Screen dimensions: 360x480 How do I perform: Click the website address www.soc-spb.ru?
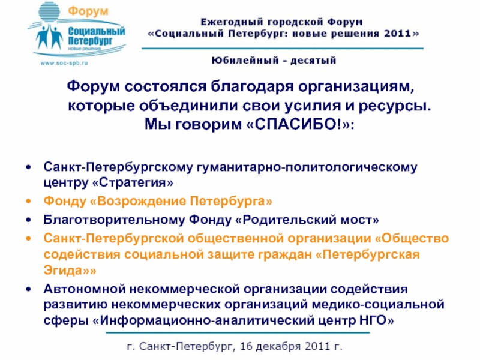pyautogui.click(x=64, y=62)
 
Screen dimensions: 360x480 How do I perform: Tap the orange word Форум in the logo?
pyautogui.click(x=85, y=12)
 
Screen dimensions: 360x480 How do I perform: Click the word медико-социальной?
pyautogui.click(x=383, y=304)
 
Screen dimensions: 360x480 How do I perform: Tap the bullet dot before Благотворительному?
pyautogui.click(x=27, y=219)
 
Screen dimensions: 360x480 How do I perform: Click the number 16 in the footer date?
pyautogui.click(x=247, y=347)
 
